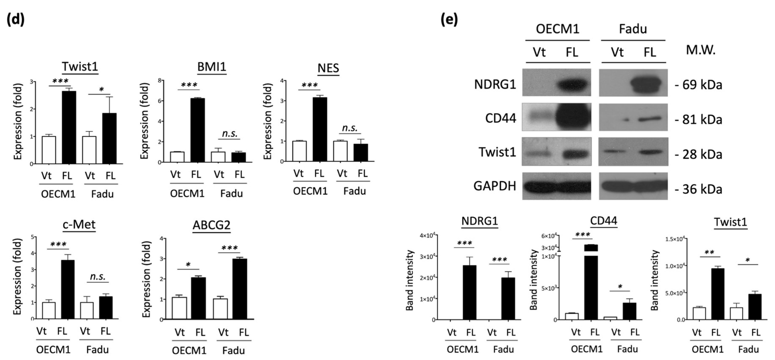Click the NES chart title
pos(328,68)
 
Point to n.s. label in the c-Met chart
pos(98,276)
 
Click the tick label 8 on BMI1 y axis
pos(160,80)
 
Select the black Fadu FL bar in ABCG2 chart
pos(240,288)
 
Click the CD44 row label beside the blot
pos(501,118)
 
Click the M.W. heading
pos(700,50)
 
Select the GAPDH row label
pos(495,186)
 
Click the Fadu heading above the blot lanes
pos(633,29)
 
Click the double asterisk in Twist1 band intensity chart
pos(709,252)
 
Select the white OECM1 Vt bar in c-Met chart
pos(49,310)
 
